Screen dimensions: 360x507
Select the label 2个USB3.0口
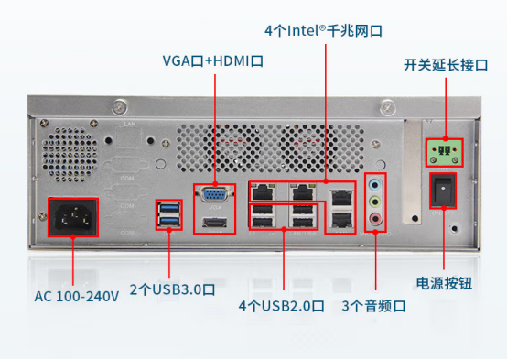coord(172,289)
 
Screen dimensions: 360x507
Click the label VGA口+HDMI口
coord(213,61)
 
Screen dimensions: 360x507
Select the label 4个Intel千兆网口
coord(325,30)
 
